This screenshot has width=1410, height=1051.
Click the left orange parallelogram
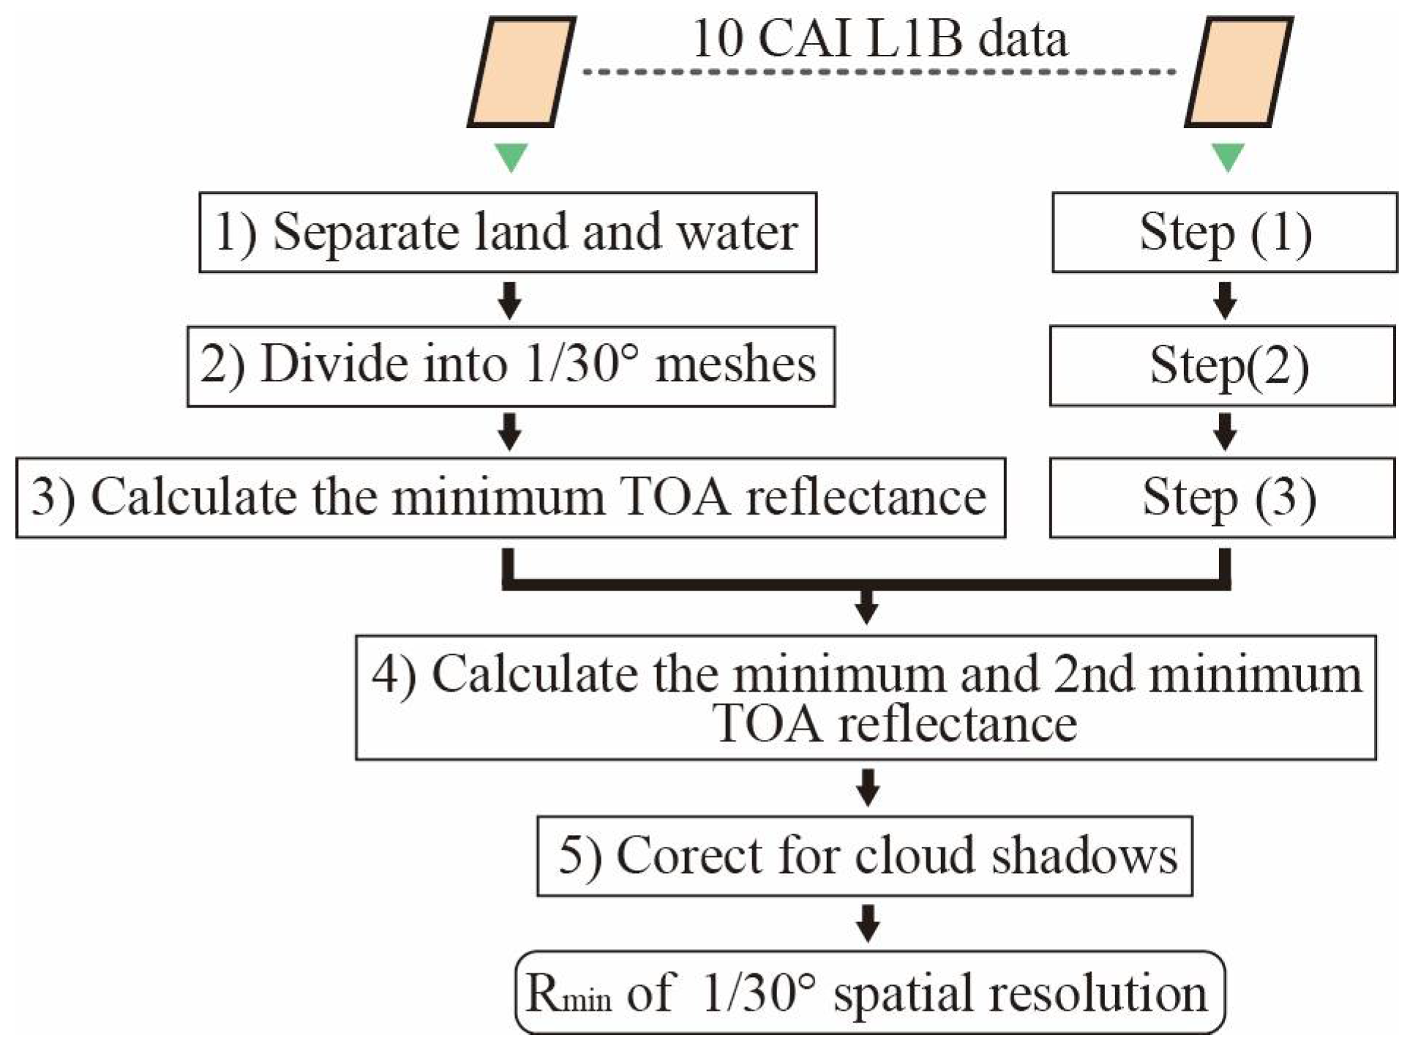tap(521, 72)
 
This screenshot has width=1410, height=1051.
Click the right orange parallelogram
tap(1238, 72)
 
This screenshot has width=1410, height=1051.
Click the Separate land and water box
tap(508, 233)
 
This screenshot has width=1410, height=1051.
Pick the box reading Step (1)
tap(1225, 233)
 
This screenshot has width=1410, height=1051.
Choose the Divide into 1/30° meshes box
tap(511, 366)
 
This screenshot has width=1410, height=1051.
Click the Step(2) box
tap(1222, 366)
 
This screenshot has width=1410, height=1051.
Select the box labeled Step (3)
tap(1222, 498)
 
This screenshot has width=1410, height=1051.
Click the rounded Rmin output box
tap(869, 992)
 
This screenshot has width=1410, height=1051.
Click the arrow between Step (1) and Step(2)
tap(1225, 300)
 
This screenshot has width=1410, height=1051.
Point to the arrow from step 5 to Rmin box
tap(868, 923)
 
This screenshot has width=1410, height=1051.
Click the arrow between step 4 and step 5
tap(868, 788)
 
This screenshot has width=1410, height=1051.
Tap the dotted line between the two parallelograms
tap(878, 72)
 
